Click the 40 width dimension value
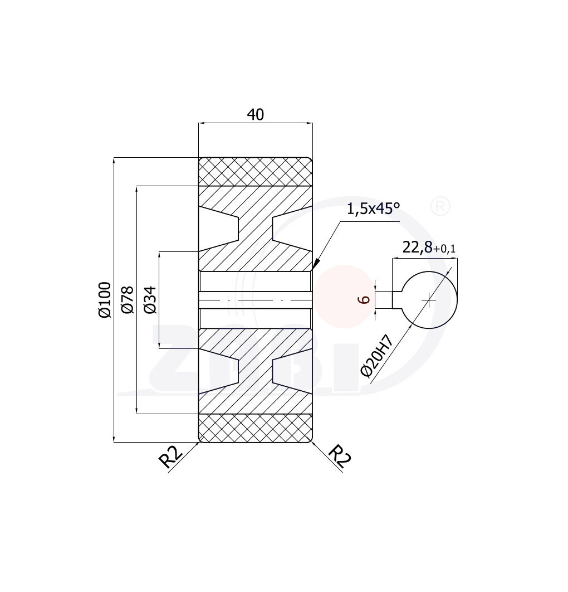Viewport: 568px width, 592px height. (x=255, y=114)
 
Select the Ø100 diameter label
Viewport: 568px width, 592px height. (x=105, y=299)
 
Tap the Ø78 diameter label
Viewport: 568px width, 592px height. (x=128, y=299)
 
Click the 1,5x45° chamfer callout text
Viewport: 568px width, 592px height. (x=373, y=209)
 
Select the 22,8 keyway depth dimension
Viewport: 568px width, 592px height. (x=417, y=248)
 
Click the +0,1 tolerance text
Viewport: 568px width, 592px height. (x=444, y=250)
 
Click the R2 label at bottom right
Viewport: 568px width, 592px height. (x=339, y=457)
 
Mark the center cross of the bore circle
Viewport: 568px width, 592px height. (x=429, y=300)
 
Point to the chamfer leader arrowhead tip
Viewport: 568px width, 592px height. (x=314, y=269)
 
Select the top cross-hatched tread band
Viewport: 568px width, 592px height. (x=255, y=171)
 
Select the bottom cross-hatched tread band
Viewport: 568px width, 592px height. (x=255, y=428)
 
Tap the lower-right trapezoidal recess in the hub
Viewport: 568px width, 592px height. (x=291, y=371)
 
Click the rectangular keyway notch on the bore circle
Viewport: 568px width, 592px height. (x=397, y=300)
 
